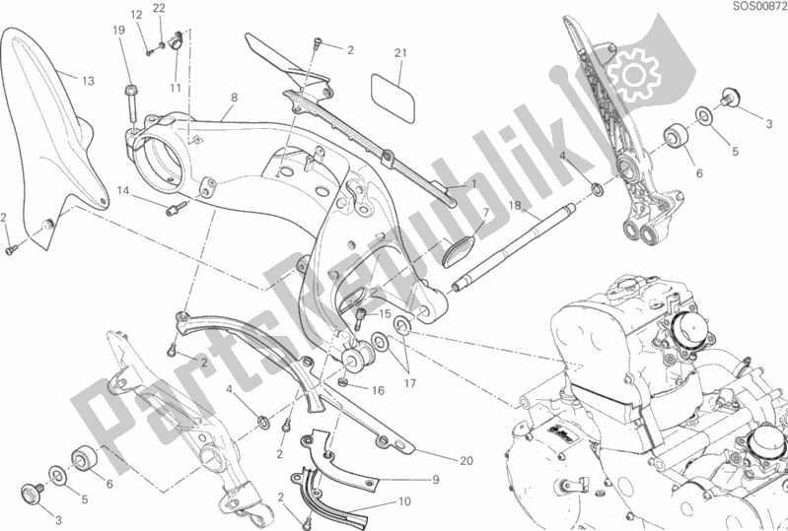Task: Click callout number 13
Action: click(88, 80)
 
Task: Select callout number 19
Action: click(119, 31)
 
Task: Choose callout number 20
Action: click(466, 459)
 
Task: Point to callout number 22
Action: click(160, 9)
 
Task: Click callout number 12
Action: click(137, 15)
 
